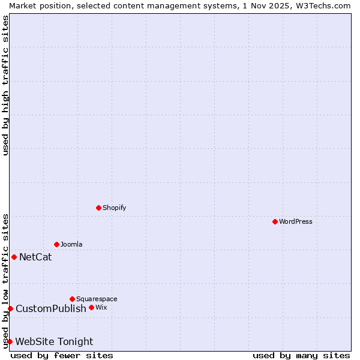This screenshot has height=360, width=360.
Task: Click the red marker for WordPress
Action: [275, 221]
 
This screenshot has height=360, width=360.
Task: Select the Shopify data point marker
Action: [98, 208]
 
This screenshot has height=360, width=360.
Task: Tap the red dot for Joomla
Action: [56, 244]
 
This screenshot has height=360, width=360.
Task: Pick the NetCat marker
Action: [14, 257]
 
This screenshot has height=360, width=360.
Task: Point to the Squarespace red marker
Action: [72, 299]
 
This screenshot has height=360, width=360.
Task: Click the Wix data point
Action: [91, 307]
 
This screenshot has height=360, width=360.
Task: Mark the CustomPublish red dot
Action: [10, 308]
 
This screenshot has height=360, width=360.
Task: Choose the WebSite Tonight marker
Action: [10, 341]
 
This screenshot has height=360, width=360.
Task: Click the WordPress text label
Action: [295, 221]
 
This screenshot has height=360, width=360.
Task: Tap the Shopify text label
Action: [114, 208]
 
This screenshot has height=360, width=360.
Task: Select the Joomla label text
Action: [71, 244]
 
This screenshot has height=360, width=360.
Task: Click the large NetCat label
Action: [35, 257]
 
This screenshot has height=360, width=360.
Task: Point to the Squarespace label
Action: [97, 299]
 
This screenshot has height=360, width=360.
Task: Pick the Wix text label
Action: [101, 307]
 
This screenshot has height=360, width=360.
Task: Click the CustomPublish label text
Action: [51, 309]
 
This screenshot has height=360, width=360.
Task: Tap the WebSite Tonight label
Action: [54, 342]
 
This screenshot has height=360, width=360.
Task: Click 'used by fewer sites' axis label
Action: [62, 355]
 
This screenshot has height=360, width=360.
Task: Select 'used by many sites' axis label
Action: [301, 355]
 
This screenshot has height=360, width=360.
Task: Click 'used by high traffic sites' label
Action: [5, 85]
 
